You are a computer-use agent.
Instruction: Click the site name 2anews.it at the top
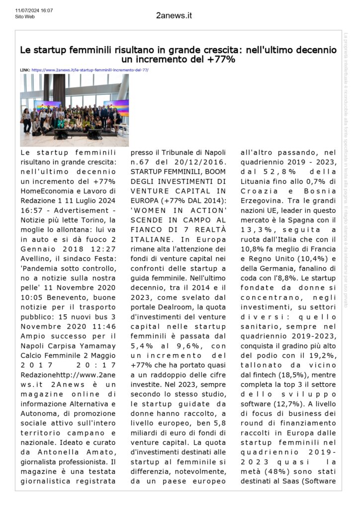(174, 15)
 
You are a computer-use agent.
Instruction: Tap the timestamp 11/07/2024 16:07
(34, 10)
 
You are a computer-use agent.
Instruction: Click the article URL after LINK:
(90, 70)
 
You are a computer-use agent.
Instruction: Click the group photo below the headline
(74, 110)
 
